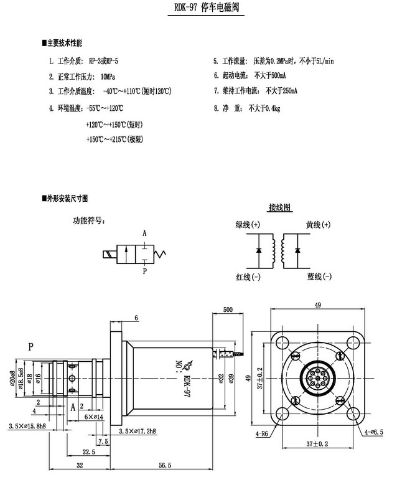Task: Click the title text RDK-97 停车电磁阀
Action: (x=205, y=9)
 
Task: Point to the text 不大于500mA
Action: (x=270, y=76)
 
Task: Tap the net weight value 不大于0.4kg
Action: (x=264, y=108)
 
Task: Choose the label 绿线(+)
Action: (x=248, y=224)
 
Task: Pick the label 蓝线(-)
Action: (x=319, y=276)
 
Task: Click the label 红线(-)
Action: (x=248, y=276)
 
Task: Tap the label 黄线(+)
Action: (x=319, y=224)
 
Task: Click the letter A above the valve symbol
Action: (x=144, y=234)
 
